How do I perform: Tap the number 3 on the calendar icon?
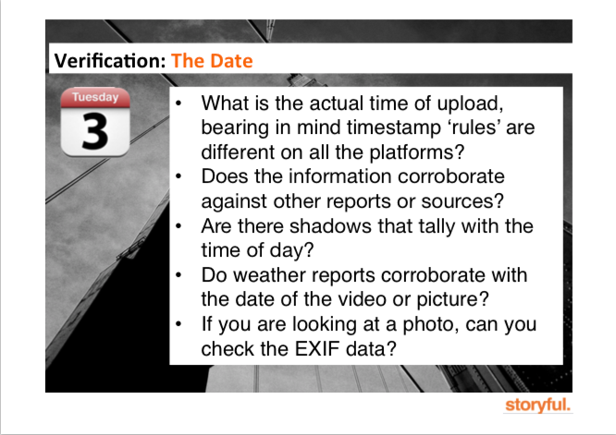click(x=94, y=131)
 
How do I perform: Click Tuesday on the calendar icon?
click(x=95, y=97)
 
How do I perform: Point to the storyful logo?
click(x=537, y=405)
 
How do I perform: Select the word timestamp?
click(x=393, y=127)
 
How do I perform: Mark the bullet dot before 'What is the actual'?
click(x=179, y=103)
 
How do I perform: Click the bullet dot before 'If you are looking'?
click(x=179, y=324)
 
